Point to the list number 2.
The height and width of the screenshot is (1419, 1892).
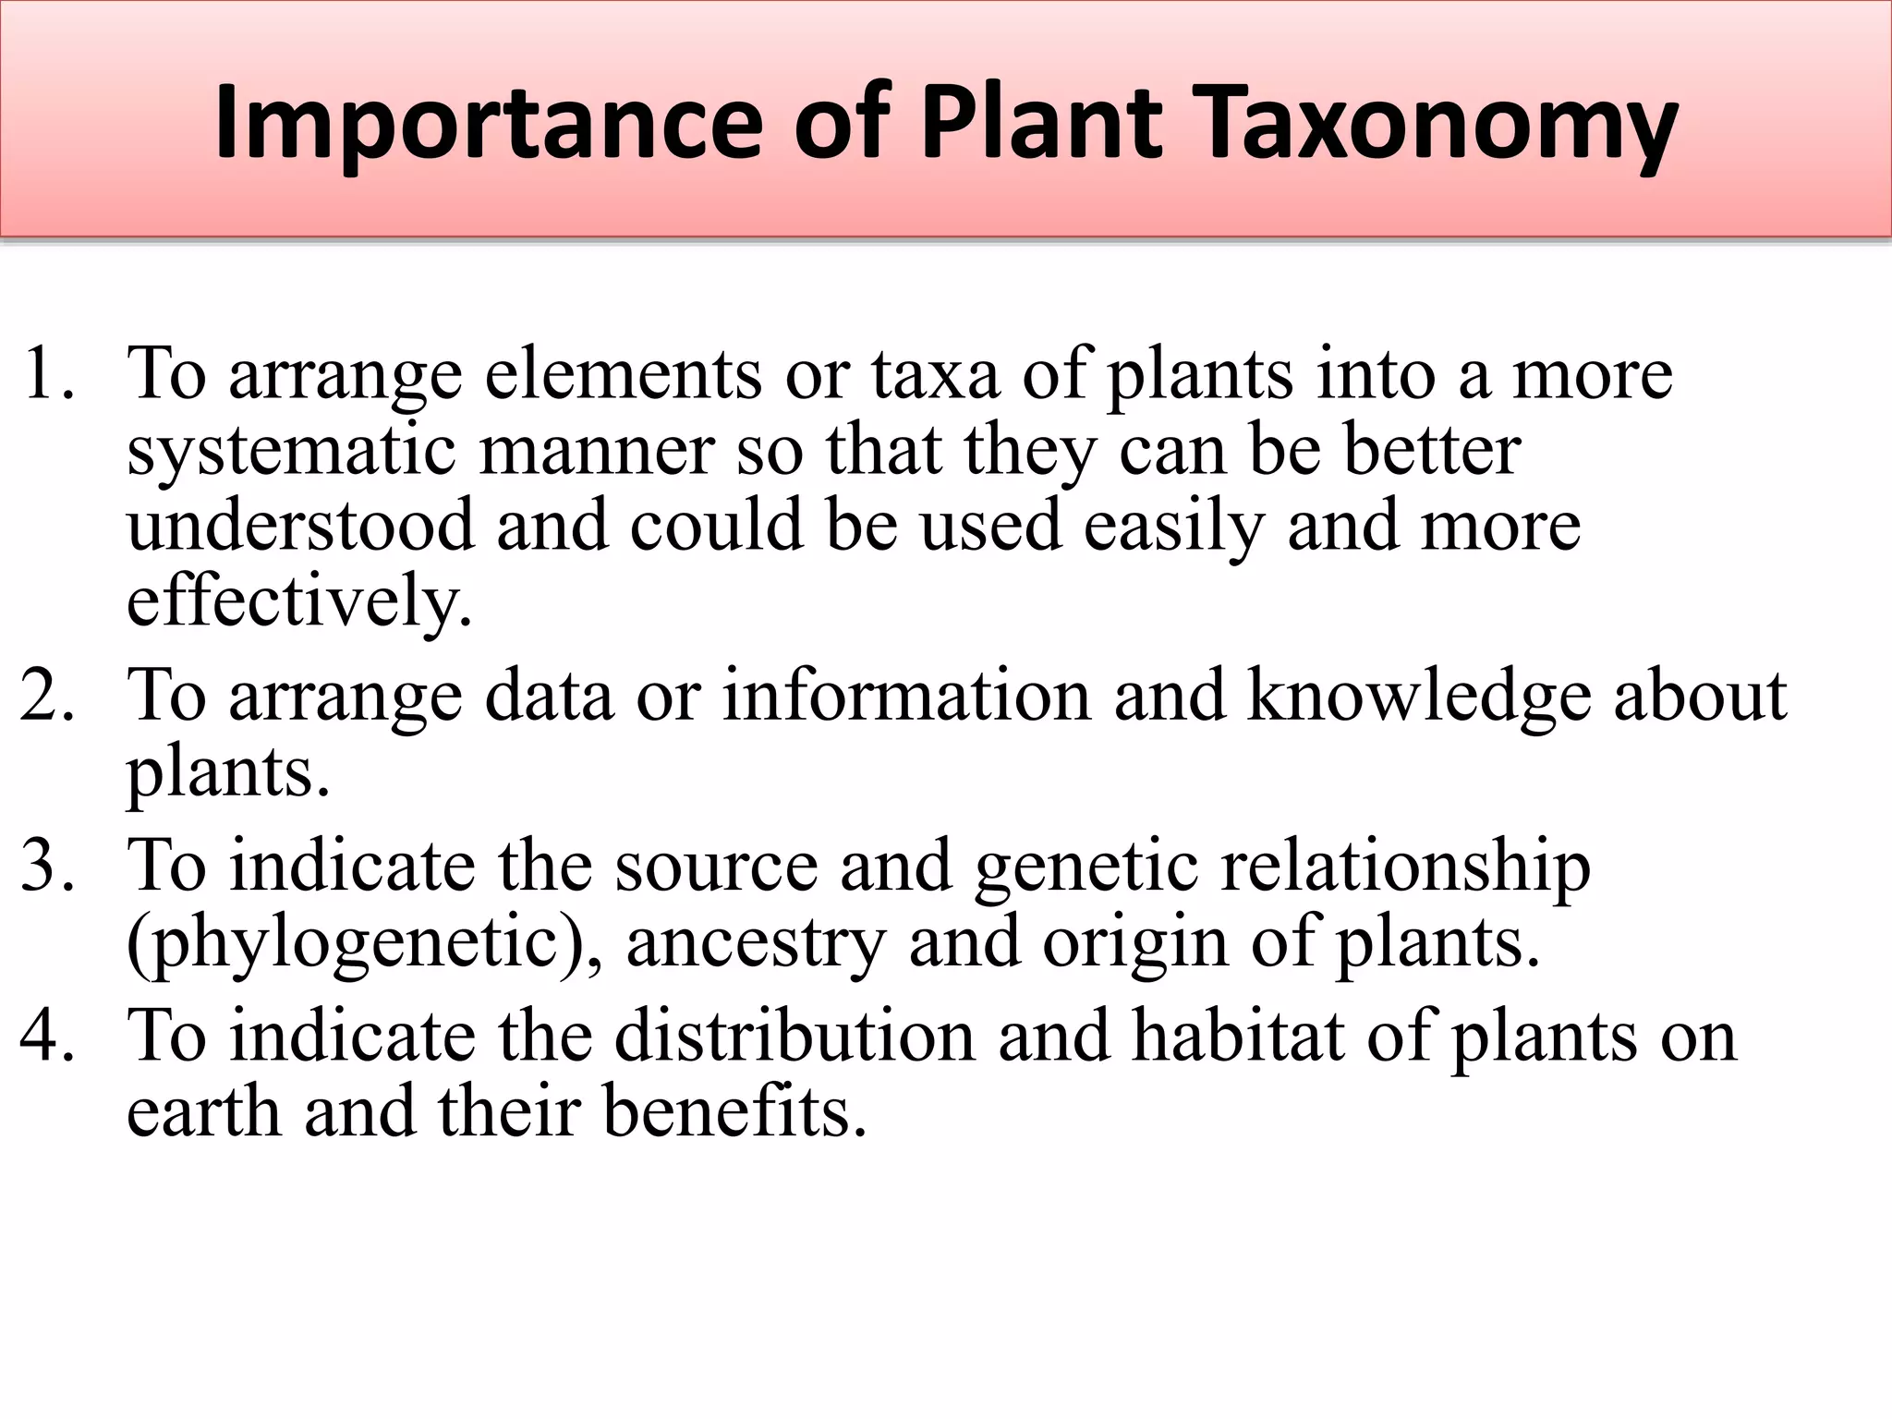(46, 696)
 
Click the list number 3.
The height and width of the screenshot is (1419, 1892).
(46, 866)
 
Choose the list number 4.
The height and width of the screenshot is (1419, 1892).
(46, 1036)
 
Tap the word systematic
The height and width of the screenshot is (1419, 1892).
(291, 452)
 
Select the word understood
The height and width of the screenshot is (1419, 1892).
(300, 526)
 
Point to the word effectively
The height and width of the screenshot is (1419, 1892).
(298, 601)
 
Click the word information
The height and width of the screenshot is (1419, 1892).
(905, 696)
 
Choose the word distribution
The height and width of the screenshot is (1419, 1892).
(794, 1036)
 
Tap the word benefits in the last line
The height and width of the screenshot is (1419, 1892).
(734, 1111)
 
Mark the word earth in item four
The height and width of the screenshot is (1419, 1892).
(203, 1111)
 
